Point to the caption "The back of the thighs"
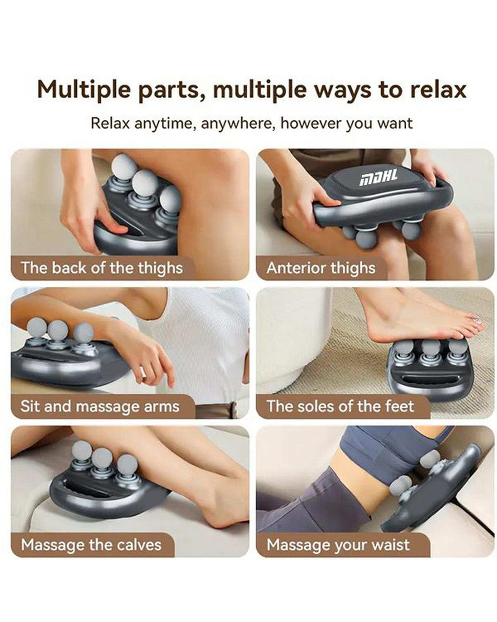click(x=102, y=268)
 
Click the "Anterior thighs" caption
click(x=321, y=268)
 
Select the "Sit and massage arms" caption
click(x=100, y=406)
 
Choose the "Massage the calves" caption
click(x=91, y=545)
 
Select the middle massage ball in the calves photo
click(x=103, y=459)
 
